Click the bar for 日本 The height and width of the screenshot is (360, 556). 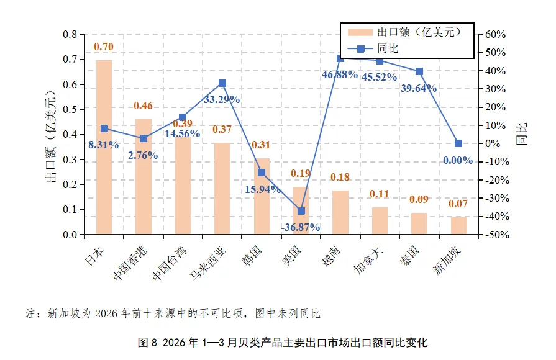click(x=104, y=147)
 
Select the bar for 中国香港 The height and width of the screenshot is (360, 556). click(x=144, y=176)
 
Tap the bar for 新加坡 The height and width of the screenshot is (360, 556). click(x=458, y=226)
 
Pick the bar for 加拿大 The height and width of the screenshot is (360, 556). click(x=380, y=221)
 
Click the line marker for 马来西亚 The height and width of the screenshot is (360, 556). click(x=222, y=83)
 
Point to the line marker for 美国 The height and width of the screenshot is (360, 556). click(x=301, y=211)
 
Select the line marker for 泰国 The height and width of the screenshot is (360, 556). click(x=419, y=71)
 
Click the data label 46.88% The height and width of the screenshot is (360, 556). click(x=339, y=74)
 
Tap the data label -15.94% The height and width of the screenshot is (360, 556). click(x=261, y=189)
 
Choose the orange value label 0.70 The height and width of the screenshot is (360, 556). click(x=104, y=47)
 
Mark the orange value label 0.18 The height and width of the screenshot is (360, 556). click(x=340, y=177)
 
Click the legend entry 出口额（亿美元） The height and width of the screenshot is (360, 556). click(x=404, y=32)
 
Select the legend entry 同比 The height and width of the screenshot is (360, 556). click(x=373, y=48)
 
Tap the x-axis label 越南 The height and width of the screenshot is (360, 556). click(x=330, y=256)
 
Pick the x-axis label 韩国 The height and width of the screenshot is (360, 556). click(x=252, y=256)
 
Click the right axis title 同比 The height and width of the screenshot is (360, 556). click(x=522, y=134)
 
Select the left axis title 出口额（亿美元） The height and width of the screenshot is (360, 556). click(x=51, y=137)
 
